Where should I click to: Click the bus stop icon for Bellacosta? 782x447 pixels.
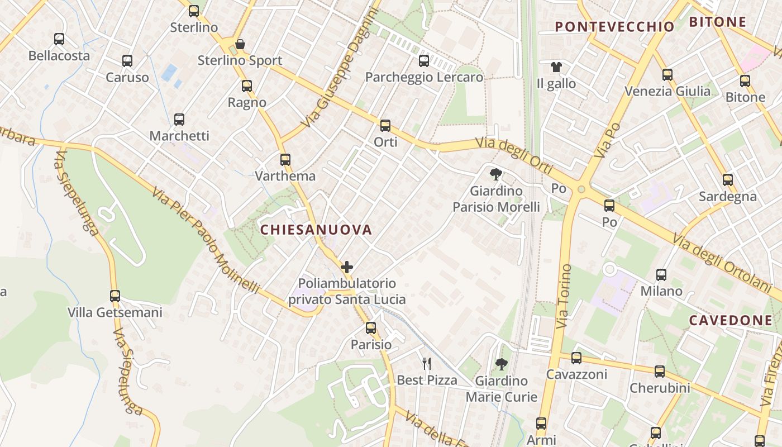[59, 39]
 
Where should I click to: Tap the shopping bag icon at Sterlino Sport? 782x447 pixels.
[240, 44]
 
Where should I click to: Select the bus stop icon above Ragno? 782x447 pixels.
[247, 86]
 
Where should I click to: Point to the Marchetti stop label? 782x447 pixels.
[179, 136]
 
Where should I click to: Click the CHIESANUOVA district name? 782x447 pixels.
[316, 230]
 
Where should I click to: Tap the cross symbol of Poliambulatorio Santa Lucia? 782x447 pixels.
[347, 267]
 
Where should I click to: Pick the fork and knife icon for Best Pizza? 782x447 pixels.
[427, 364]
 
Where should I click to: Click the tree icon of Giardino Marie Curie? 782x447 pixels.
[502, 364]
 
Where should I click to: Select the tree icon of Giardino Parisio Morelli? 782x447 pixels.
[495, 174]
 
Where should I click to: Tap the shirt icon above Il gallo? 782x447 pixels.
[556, 67]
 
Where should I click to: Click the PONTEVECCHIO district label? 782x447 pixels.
[615, 26]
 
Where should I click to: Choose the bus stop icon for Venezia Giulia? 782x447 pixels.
[667, 75]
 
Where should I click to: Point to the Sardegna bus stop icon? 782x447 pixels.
[728, 180]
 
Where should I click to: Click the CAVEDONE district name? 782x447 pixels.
[731, 320]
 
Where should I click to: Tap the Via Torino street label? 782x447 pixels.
[564, 296]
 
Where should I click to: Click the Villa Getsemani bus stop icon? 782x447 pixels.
[115, 296]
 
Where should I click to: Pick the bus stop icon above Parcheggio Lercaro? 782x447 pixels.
[424, 61]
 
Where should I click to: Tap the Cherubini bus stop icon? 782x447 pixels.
[660, 372]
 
